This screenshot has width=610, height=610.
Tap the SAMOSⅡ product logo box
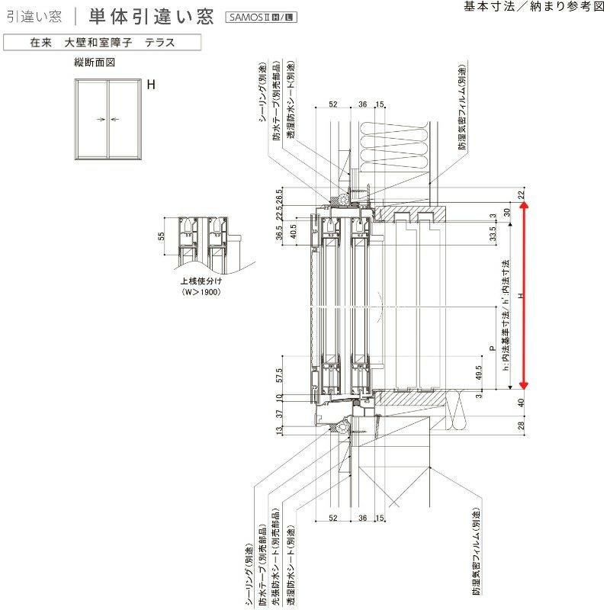click(260, 17)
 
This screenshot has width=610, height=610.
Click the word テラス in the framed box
click(160, 43)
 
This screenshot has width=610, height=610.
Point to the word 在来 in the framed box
click(40, 43)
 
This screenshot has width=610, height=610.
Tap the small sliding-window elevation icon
click(108, 118)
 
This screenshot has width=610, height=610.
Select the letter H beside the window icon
click(151, 85)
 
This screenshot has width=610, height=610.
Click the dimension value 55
click(162, 236)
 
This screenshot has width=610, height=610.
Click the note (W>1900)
click(201, 291)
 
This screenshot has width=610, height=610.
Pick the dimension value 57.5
click(280, 374)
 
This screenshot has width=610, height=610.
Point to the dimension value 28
click(522, 425)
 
